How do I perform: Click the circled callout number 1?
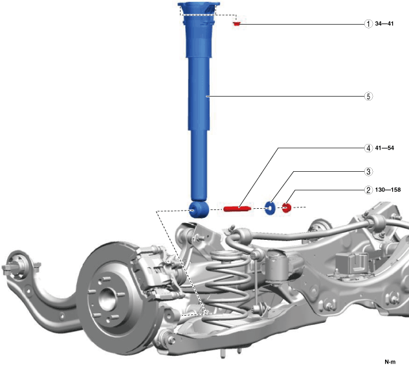point(368,24)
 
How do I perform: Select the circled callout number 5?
point(368,96)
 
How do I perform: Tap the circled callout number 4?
point(368,148)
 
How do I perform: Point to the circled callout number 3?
point(368,172)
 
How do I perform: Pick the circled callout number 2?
point(368,190)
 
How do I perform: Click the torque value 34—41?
point(384,23)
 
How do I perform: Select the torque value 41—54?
point(384,148)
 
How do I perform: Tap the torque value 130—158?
point(388,190)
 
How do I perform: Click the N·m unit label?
point(390,362)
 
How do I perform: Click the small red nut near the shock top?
point(237,24)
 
